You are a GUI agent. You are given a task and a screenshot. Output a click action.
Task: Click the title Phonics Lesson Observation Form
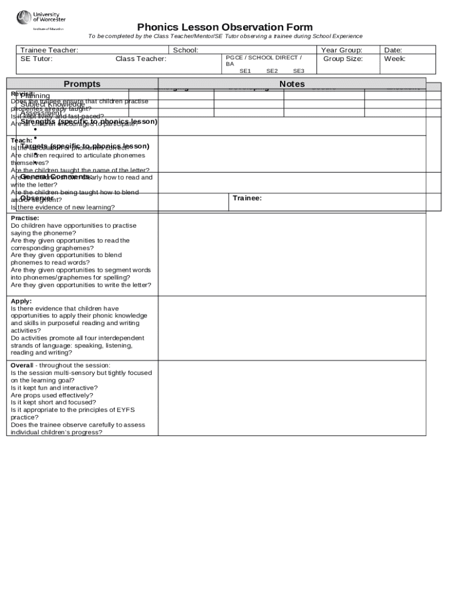(x=225, y=28)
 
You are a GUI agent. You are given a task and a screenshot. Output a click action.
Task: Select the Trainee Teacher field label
(x=49, y=50)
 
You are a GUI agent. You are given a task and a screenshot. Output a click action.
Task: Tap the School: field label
(x=185, y=50)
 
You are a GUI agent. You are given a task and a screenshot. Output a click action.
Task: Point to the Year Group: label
(x=342, y=50)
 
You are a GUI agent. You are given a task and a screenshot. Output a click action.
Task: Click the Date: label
(x=393, y=50)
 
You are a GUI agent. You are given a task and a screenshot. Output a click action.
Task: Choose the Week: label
(x=395, y=59)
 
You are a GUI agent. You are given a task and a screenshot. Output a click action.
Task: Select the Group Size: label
(x=343, y=59)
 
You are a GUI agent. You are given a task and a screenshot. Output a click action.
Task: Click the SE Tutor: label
(x=36, y=59)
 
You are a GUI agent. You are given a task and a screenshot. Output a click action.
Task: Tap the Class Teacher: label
(x=141, y=59)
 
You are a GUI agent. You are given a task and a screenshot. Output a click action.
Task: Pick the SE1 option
(x=245, y=71)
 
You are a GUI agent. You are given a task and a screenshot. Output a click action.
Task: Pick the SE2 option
(x=272, y=71)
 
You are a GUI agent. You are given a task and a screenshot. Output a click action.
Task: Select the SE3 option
(x=299, y=71)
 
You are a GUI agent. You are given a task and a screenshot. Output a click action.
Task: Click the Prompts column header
(x=82, y=84)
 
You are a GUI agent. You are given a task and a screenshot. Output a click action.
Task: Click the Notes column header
(x=292, y=84)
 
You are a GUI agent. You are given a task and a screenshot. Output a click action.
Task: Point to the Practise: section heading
(x=25, y=218)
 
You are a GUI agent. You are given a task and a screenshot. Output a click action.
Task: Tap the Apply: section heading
(x=21, y=301)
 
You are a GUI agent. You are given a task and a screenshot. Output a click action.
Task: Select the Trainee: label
(x=247, y=198)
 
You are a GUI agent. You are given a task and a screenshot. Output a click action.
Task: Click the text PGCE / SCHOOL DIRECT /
(x=264, y=58)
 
